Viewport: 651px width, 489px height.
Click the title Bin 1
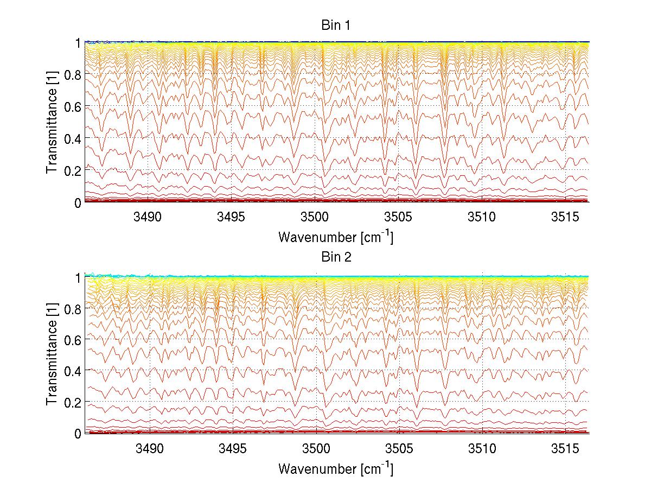(336, 26)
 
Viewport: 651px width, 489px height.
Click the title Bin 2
(336, 257)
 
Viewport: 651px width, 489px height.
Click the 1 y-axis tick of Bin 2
(78, 277)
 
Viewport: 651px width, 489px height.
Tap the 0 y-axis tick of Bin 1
(78, 202)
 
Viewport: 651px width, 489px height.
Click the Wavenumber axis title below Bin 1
(336, 237)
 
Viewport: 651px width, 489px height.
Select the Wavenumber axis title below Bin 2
(336, 468)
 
